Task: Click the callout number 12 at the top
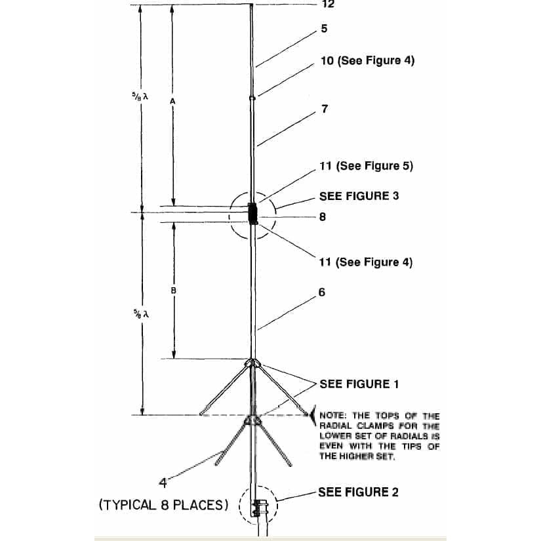click(328, 4)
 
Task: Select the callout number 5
click(324, 29)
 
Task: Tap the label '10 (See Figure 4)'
click(367, 60)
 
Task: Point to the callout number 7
click(325, 109)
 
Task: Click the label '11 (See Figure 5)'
click(366, 166)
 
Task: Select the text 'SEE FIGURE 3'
click(359, 196)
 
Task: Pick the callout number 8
click(323, 217)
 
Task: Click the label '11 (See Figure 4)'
click(366, 262)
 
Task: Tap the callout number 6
click(322, 292)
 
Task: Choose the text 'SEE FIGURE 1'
click(359, 384)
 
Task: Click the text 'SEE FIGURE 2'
click(358, 492)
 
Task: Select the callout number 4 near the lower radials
click(163, 483)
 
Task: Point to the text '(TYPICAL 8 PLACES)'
click(163, 505)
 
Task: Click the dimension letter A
click(173, 102)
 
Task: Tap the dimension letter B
click(173, 291)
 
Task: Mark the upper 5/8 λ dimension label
click(140, 96)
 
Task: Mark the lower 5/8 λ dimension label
click(141, 313)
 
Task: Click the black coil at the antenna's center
click(253, 214)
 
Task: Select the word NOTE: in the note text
click(332, 415)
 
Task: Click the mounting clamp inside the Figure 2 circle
click(256, 508)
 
